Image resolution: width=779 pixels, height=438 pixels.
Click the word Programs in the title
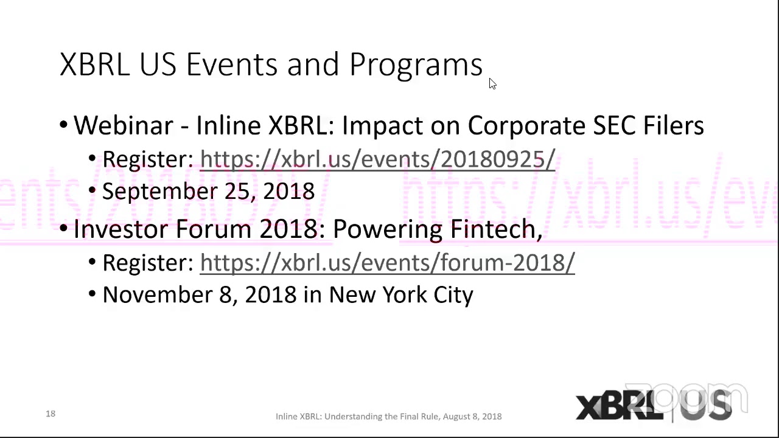416,64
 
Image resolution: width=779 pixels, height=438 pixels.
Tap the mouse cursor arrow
492,84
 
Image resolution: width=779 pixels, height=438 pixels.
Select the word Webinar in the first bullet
123,125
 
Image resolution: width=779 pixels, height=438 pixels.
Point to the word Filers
673,125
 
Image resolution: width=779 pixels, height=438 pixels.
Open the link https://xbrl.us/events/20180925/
377,159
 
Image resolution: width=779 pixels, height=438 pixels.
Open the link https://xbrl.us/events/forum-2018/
387,263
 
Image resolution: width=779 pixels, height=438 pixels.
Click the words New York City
400,295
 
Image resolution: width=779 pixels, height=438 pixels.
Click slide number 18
51,414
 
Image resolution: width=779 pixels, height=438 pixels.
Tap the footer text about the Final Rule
388,417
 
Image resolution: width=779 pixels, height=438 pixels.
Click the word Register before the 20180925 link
147,159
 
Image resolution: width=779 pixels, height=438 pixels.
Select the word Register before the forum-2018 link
147,263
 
